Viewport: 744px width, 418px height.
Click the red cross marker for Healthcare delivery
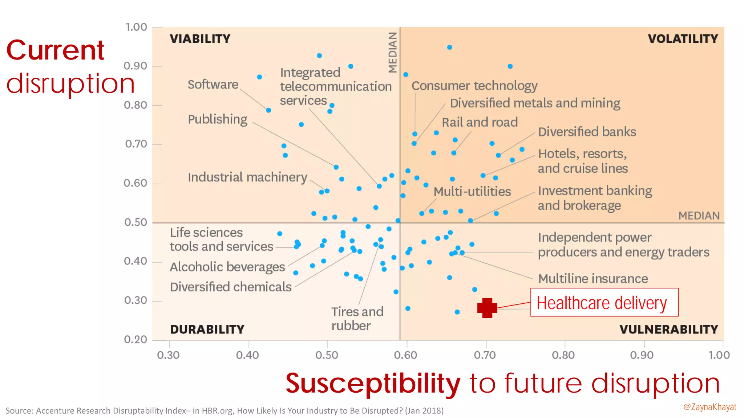(x=487, y=308)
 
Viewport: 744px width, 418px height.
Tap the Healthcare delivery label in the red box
(x=602, y=303)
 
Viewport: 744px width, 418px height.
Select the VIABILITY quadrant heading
(x=200, y=39)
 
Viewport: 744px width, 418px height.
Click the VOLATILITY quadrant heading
(x=683, y=39)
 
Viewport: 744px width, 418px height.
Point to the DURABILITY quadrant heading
(x=207, y=329)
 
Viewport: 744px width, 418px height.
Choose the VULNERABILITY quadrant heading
(x=668, y=329)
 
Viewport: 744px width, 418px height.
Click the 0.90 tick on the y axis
(x=136, y=66)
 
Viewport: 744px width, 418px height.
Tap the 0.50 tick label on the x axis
(x=327, y=355)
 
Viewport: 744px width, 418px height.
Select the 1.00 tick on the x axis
(x=719, y=355)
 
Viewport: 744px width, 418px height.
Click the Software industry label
(x=213, y=85)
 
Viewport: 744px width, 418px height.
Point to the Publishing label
(x=218, y=119)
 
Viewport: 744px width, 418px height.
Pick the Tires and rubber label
(x=357, y=319)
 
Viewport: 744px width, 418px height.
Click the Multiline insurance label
(x=593, y=279)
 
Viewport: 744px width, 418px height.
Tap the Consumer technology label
(x=474, y=86)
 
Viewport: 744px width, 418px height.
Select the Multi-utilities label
(x=472, y=191)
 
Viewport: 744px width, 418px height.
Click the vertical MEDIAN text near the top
(x=392, y=52)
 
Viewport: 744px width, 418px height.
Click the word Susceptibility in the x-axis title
(x=373, y=383)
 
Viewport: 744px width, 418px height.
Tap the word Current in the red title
(x=55, y=50)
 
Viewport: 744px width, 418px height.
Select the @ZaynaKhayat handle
(x=709, y=407)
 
